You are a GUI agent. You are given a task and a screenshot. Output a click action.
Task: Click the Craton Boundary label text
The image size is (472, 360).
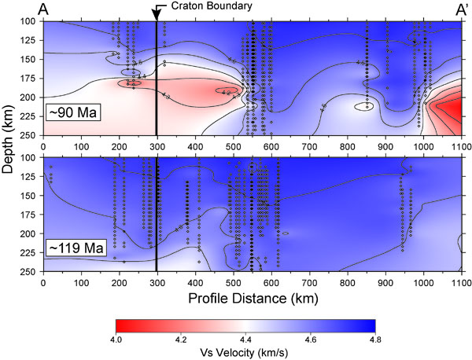click(208, 7)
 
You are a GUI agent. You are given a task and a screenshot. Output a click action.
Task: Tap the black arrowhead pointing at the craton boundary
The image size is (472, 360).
click(157, 11)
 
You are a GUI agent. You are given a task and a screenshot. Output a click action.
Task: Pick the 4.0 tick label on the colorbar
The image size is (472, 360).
click(115, 340)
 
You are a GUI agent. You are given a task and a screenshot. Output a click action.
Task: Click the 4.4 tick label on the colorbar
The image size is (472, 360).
click(245, 340)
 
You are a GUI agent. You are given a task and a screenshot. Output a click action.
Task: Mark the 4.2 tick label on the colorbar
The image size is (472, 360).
click(180, 340)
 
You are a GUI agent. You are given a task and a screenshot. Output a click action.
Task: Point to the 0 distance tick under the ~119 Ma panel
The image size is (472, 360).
click(42, 281)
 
